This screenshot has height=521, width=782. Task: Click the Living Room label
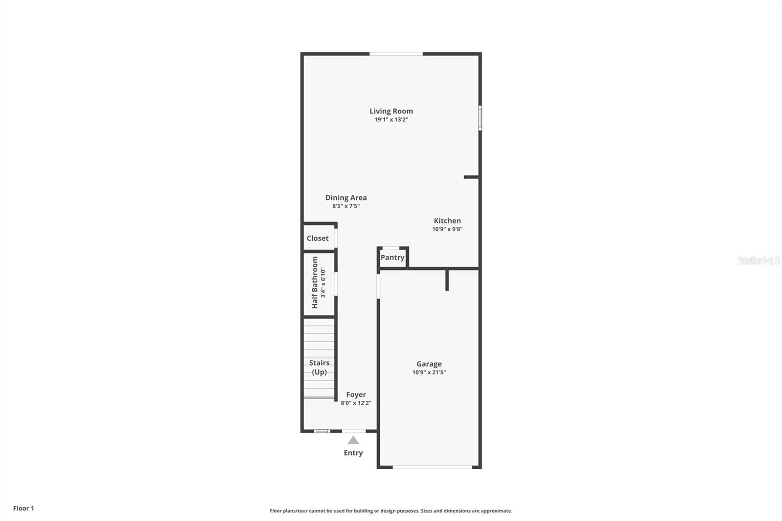(x=391, y=111)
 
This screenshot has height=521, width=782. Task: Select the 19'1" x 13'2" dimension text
(x=391, y=120)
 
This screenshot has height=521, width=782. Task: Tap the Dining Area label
(x=346, y=197)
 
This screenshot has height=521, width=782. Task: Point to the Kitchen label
(x=447, y=220)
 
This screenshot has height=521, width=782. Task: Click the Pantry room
(x=392, y=258)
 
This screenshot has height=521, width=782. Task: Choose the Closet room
(x=318, y=239)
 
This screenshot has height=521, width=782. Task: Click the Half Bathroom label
(x=315, y=282)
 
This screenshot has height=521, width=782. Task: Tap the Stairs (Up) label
(x=319, y=368)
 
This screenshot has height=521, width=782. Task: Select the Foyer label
(x=356, y=394)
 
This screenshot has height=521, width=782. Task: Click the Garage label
(x=429, y=364)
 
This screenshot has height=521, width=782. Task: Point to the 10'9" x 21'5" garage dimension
(x=429, y=372)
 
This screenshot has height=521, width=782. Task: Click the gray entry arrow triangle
(x=353, y=440)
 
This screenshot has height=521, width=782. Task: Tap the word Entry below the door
(x=353, y=453)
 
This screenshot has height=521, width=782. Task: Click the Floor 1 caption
(x=23, y=508)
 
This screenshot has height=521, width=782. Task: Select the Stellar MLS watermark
(x=759, y=261)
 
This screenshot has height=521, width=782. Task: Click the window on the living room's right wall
(x=480, y=118)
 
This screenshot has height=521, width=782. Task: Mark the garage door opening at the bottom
(x=433, y=467)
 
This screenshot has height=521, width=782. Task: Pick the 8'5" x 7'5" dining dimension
(x=346, y=206)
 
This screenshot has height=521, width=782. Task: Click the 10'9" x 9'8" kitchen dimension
(x=447, y=229)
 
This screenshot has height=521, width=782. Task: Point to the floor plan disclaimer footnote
(x=391, y=511)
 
